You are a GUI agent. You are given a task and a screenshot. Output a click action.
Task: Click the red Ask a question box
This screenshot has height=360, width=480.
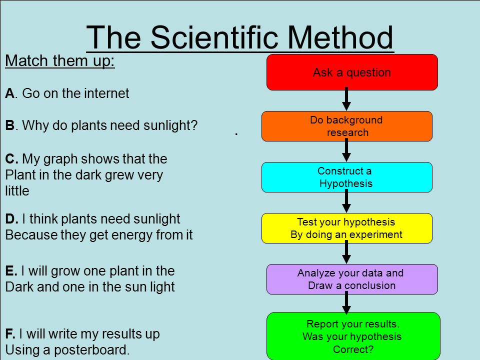point(352,72)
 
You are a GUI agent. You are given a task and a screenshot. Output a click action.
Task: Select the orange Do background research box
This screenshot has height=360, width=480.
point(347,126)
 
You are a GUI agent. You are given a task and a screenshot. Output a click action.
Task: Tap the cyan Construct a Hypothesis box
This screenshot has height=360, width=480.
point(347,177)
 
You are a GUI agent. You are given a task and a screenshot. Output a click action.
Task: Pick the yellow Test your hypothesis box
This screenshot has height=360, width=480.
point(347,228)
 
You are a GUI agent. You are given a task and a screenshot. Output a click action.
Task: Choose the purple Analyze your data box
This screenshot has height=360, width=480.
point(352,279)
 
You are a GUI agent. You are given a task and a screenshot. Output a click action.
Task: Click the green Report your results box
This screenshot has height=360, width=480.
point(353,336)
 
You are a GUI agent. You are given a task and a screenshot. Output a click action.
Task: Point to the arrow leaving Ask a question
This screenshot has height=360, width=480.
point(346,99)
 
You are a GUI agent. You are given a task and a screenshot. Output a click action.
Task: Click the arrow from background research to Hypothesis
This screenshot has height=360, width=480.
point(346,150)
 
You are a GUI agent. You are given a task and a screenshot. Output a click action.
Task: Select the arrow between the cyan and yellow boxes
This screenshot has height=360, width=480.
point(346,201)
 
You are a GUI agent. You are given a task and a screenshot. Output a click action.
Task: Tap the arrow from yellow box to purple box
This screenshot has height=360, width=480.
point(346,252)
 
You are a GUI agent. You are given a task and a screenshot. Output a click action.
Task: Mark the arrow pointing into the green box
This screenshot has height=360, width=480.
point(346,303)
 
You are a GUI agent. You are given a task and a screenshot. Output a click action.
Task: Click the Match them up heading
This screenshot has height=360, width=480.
point(60,60)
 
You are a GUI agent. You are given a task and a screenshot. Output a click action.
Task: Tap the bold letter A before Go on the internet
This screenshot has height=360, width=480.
point(10,93)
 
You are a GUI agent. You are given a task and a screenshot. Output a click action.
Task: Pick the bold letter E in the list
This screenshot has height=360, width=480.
point(10,271)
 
